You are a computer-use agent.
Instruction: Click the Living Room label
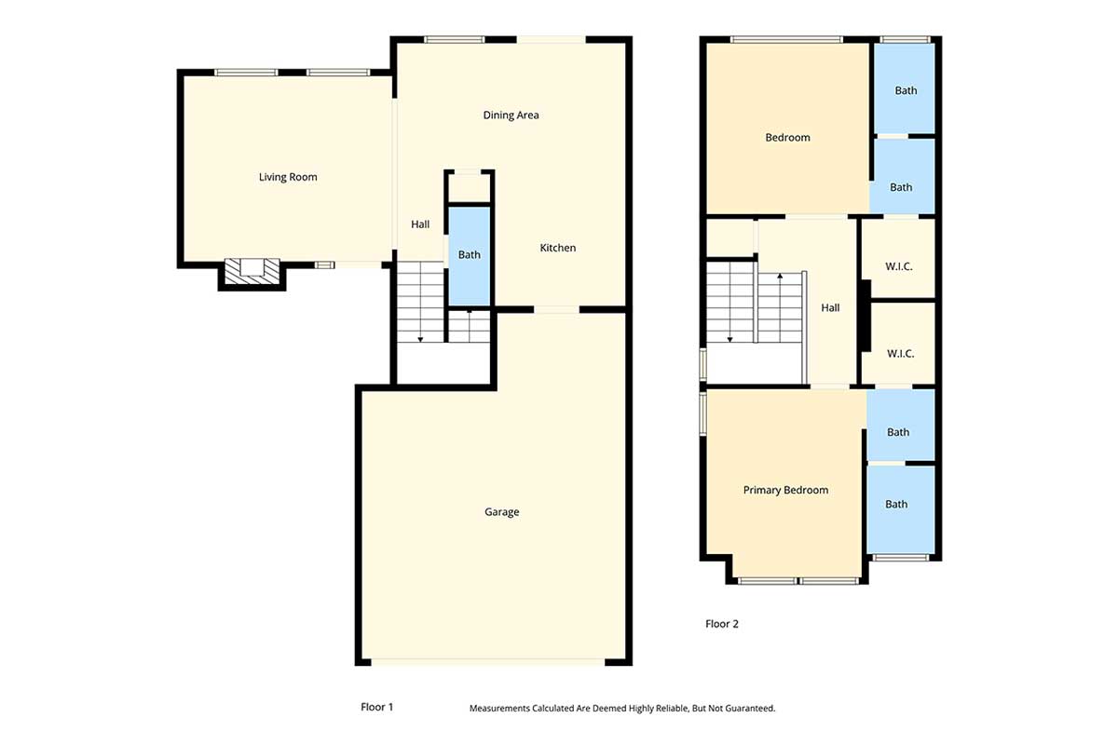[288, 177]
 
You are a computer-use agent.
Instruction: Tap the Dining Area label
[511, 115]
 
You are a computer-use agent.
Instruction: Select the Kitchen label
[558, 248]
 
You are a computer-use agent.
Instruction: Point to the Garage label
[501, 512]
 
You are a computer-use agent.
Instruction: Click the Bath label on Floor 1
[469, 255]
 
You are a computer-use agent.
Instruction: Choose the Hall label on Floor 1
[420, 224]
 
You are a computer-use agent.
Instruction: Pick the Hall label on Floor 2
[830, 308]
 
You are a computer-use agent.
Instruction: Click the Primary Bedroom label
[785, 490]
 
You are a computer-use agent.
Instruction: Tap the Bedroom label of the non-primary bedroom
[787, 138]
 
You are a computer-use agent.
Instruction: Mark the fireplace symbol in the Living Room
[252, 271]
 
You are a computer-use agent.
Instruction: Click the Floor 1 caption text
[376, 707]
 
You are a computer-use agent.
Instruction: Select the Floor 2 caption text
[721, 624]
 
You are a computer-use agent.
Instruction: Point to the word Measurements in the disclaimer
[499, 709]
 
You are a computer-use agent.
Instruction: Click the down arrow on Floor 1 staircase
[420, 338]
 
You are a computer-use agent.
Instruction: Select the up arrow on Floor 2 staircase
[779, 278]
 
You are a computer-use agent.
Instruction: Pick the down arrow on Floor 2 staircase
[729, 338]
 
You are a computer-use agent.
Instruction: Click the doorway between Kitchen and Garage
[556, 309]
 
